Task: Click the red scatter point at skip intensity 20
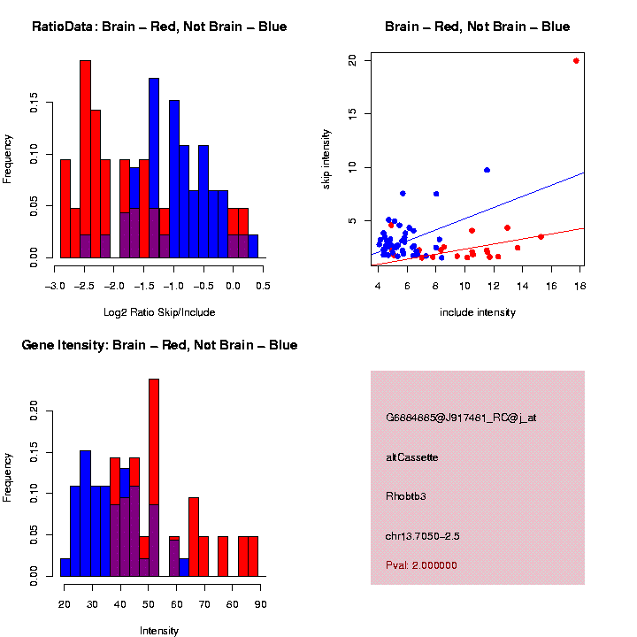pos(576,61)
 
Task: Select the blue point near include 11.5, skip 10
pos(487,170)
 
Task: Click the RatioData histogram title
pos(159,27)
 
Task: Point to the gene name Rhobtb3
pos(406,496)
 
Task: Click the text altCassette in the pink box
pos(412,457)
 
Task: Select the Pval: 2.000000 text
pos(422,565)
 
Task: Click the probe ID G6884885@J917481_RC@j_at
pos(461,418)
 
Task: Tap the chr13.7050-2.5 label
pos(423,536)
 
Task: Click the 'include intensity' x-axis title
pos(478,312)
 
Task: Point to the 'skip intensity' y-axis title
pos(326,158)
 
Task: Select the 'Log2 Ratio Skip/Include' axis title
pos(159,312)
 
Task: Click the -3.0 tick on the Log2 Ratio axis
pos(56,287)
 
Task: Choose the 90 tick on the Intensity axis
pos(259,604)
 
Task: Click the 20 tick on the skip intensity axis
pos(352,60)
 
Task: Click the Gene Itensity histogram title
pos(159,345)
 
